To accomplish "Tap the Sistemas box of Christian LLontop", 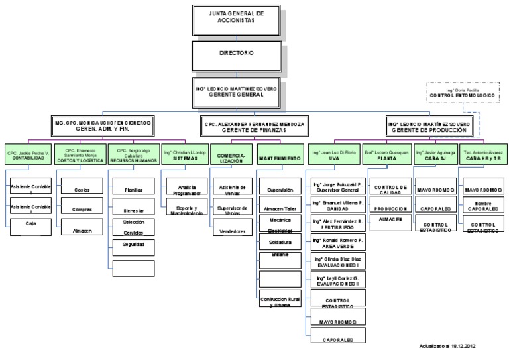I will coord(184,156).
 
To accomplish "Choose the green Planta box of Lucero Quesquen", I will coord(386,156).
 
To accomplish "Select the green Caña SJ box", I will coord(435,156).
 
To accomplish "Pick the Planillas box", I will coord(133,190).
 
